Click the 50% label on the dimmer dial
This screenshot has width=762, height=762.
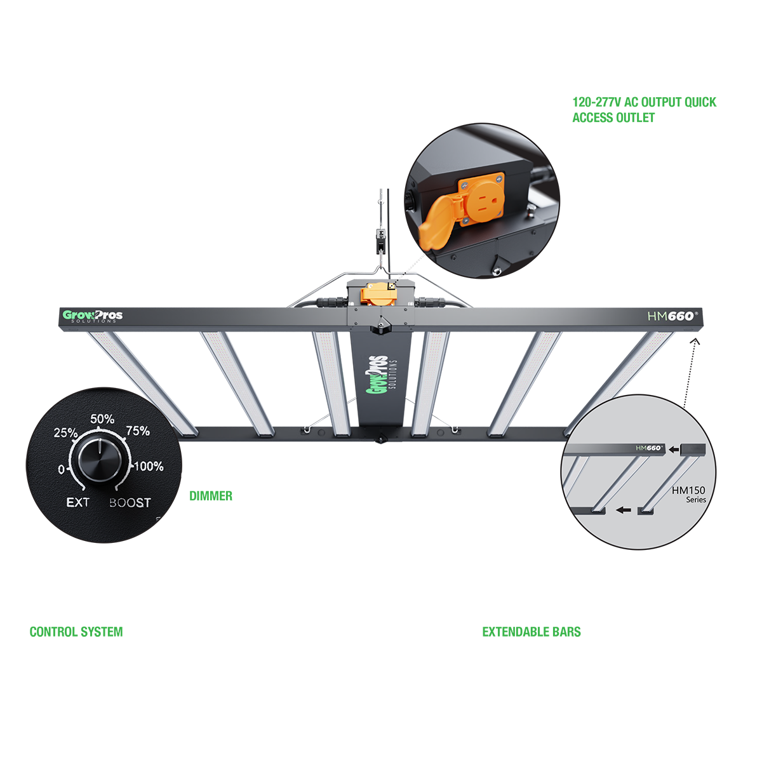pyautogui.click(x=102, y=419)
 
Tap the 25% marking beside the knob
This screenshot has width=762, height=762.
pyautogui.click(x=65, y=433)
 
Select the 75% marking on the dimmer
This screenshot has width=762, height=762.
pyautogui.click(x=138, y=431)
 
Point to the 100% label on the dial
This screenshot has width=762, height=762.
pyautogui.click(x=149, y=466)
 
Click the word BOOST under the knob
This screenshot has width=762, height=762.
pyautogui.click(x=130, y=503)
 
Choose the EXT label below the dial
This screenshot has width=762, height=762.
pyautogui.click(x=78, y=503)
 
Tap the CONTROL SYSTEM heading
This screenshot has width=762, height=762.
pyautogui.click(x=76, y=632)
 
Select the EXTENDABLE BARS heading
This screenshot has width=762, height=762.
pyautogui.click(x=531, y=632)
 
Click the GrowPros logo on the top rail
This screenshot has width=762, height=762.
pyautogui.click(x=93, y=316)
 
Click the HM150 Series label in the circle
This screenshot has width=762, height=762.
pyautogui.click(x=689, y=494)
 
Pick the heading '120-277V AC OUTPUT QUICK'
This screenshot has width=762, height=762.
pyautogui.click(x=644, y=102)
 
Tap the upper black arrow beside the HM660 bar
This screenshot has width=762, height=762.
pyautogui.click(x=674, y=450)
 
